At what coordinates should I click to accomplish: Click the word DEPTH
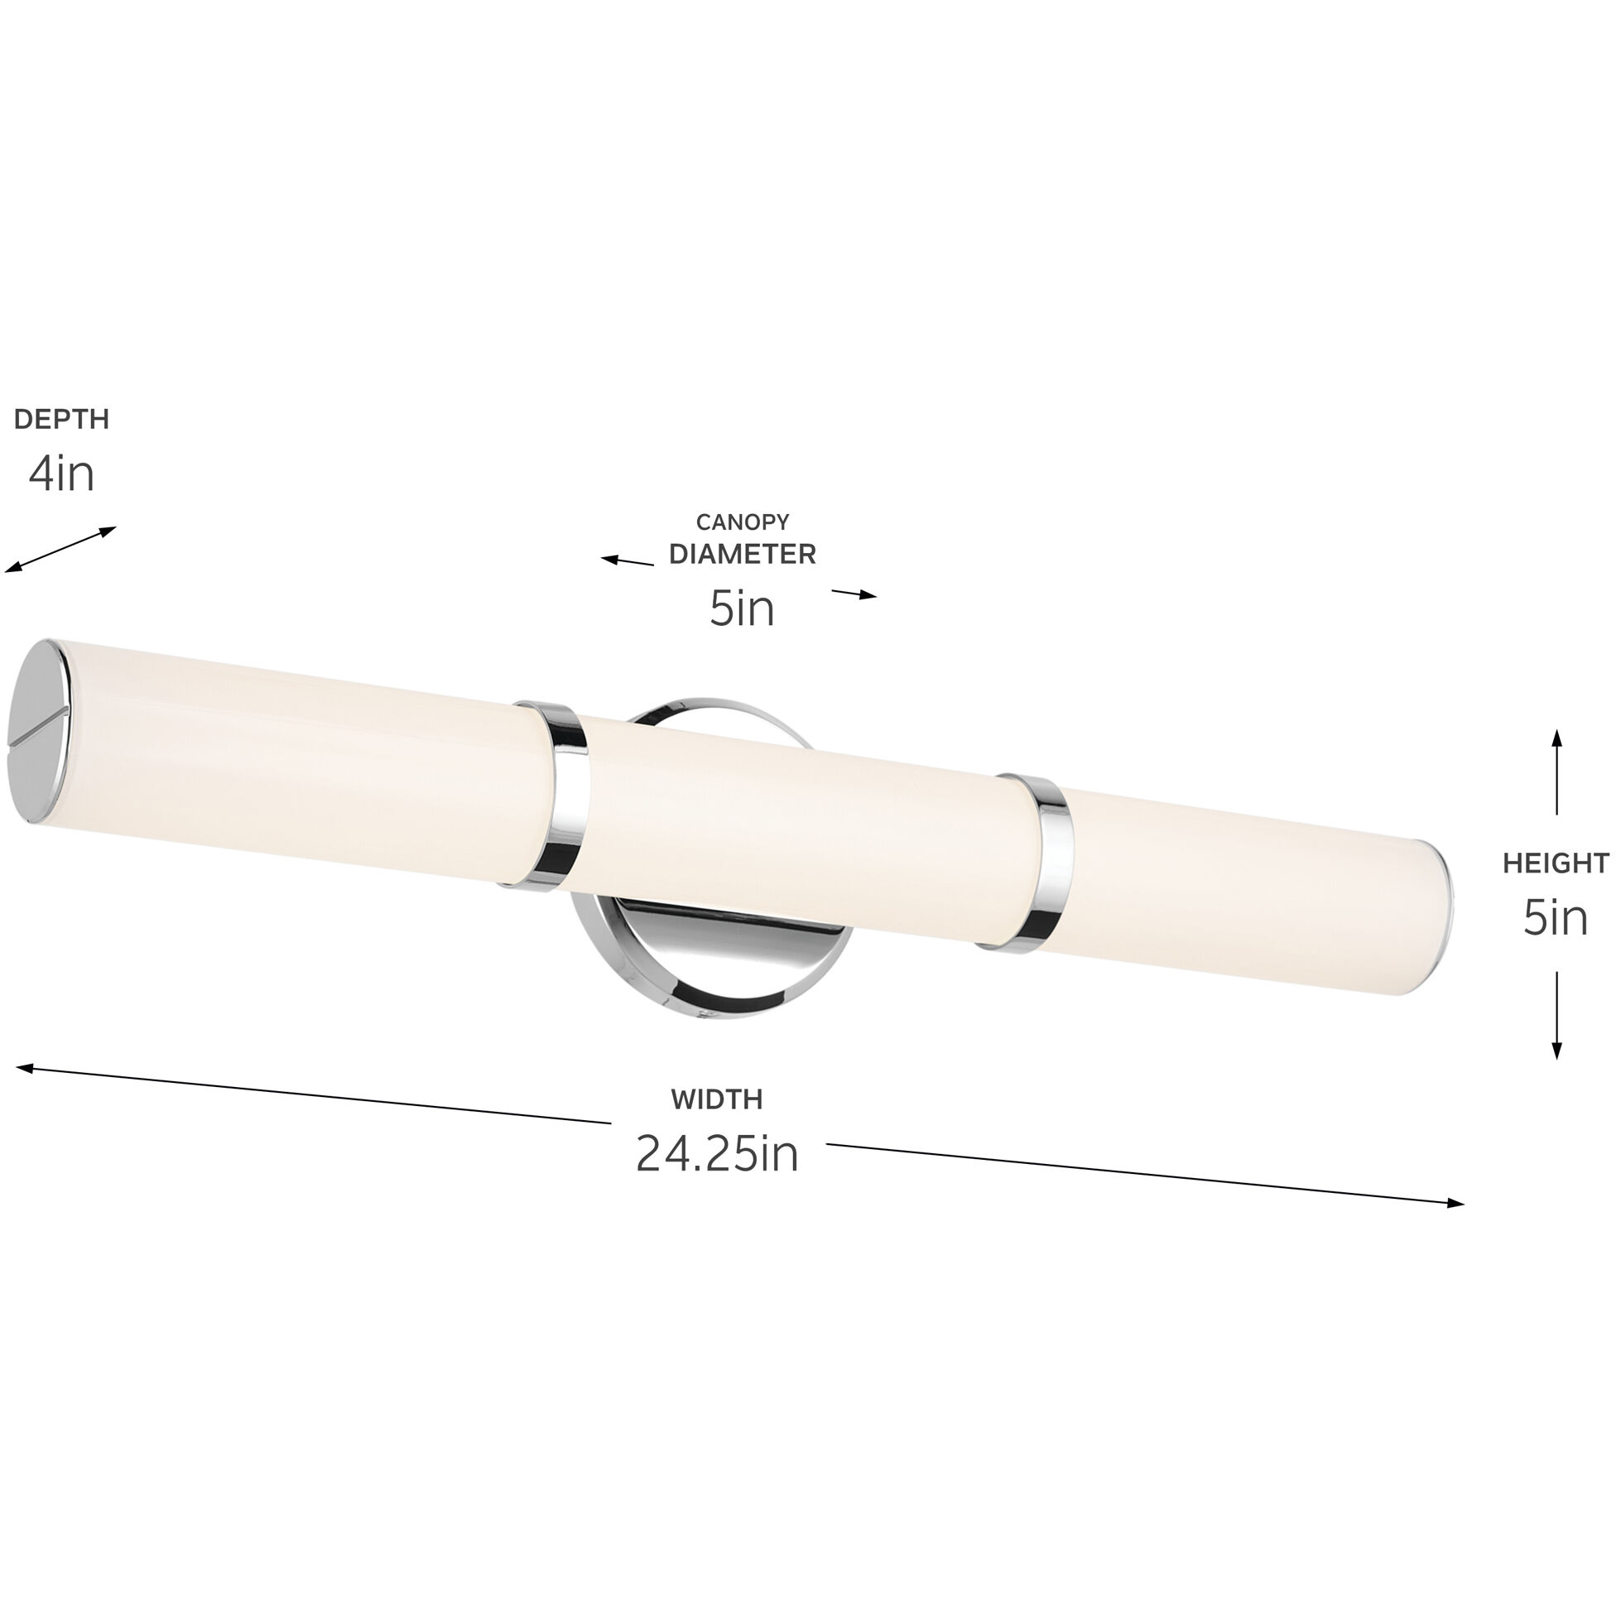(62, 419)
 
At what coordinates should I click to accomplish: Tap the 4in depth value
(62, 474)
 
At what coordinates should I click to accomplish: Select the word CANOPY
(743, 522)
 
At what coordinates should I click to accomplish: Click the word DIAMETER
(743, 555)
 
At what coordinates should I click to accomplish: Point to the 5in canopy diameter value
(743, 609)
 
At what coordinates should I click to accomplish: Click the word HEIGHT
(1556, 864)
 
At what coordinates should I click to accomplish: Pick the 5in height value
(1556, 918)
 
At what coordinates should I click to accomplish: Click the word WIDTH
(717, 1100)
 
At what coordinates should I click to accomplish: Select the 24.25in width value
(717, 1154)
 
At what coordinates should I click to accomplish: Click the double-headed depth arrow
(60, 550)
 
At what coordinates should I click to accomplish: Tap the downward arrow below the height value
(1556, 1016)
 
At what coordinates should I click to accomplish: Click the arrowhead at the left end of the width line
(25, 1068)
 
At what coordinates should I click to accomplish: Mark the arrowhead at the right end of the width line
(1455, 1204)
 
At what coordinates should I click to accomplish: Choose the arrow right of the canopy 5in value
(854, 594)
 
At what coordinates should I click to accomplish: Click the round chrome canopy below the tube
(711, 962)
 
